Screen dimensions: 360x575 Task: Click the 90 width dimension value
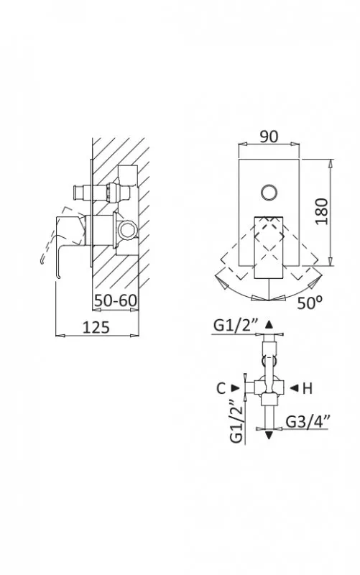pyautogui.click(x=269, y=137)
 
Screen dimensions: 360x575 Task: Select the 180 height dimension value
pyautogui.click(x=321, y=211)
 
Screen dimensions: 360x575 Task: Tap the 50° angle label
pyautogui.click(x=310, y=303)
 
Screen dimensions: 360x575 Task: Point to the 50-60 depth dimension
pyautogui.click(x=116, y=300)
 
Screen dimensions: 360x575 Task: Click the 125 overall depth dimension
pyautogui.click(x=96, y=327)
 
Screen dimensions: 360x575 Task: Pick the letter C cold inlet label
pyautogui.click(x=221, y=388)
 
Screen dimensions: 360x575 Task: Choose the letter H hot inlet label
pyautogui.click(x=308, y=388)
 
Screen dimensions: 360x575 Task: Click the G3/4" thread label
pyautogui.click(x=308, y=421)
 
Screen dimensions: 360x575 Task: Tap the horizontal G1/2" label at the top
pyautogui.click(x=236, y=326)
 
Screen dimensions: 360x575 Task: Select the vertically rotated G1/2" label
pyautogui.click(x=236, y=420)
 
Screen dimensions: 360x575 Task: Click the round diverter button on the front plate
pyautogui.click(x=269, y=192)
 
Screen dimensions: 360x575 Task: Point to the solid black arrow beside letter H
pyautogui.click(x=294, y=388)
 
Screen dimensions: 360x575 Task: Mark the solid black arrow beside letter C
pyautogui.click(x=235, y=388)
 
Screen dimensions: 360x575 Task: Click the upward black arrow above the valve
pyautogui.click(x=269, y=324)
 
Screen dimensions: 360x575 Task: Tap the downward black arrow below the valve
pyautogui.click(x=269, y=436)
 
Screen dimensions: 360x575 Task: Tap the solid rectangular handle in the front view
pyautogui.click(x=269, y=247)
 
